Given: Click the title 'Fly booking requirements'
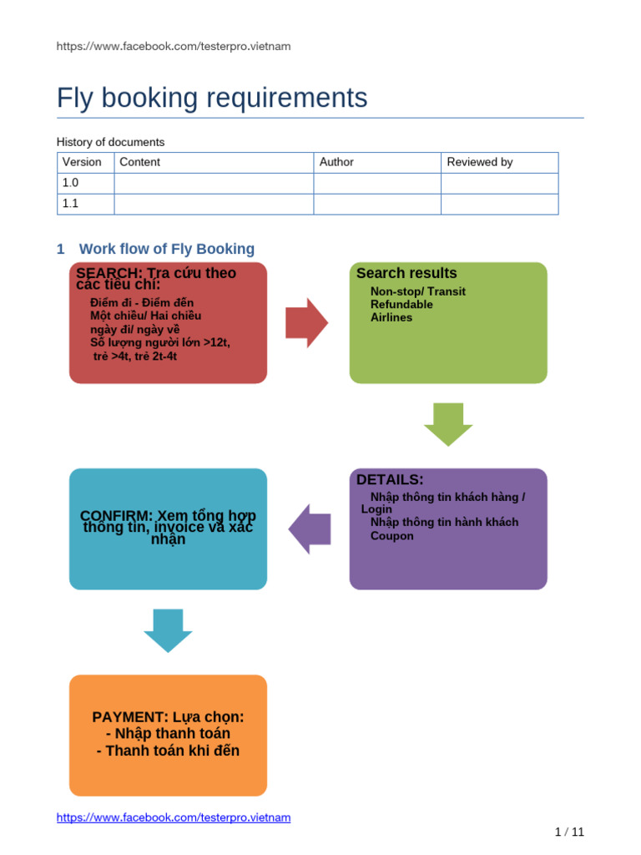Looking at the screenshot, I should coord(212,98).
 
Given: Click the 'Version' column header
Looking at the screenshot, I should coord(82,162).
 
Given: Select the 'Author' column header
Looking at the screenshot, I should coord(336,162).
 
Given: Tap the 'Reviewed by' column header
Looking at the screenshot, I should coord(479,162).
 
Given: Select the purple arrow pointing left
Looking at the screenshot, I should coord(310,529).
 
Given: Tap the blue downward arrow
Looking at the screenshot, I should coord(168,630).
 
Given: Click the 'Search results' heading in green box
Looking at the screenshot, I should coord(406,273).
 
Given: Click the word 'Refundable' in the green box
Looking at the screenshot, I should coord(401,305).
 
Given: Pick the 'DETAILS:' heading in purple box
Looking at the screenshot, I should coord(390,479).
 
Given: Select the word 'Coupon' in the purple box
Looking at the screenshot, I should coord(391,536).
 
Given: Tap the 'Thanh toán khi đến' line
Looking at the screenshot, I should coord(168,751).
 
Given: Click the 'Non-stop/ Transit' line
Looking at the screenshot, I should coord(417,291).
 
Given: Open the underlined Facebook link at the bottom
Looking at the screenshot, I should coord(174,817).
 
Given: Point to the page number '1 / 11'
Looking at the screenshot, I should coord(569,832).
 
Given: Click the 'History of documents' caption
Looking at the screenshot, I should coord(110,142).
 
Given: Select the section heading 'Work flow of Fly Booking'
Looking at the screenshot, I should coord(166,249).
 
